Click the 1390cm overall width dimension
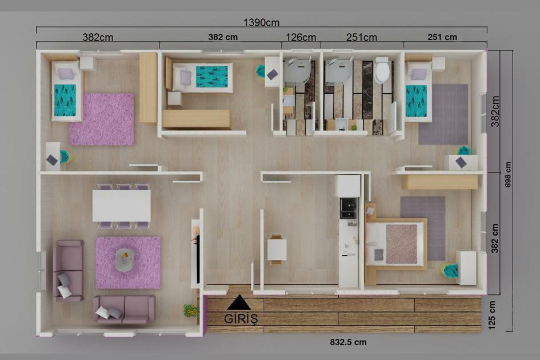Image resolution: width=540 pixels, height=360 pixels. (x=261, y=23)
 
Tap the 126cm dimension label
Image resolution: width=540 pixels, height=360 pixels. (x=301, y=38)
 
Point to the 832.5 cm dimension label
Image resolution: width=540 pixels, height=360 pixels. (x=348, y=342)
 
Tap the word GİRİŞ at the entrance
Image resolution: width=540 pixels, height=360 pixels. (x=241, y=319)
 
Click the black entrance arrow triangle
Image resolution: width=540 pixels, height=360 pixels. (x=239, y=303)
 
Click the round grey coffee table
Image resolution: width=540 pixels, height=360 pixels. (x=125, y=259)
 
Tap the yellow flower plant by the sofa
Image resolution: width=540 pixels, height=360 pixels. (x=190, y=310)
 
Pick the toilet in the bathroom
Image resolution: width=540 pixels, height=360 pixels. (x=382, y=71)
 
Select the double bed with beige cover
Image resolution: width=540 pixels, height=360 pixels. (x=396, y=243)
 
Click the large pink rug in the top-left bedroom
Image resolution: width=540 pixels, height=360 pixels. (x=102, y=119)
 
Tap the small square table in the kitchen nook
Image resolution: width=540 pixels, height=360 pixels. (x=277, y=249)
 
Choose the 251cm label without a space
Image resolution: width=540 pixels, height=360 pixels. (x=362, y=38)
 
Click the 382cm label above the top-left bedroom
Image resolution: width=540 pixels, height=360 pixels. (x=98, y=37)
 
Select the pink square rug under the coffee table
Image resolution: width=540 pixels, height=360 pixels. (x=128, y=262)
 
